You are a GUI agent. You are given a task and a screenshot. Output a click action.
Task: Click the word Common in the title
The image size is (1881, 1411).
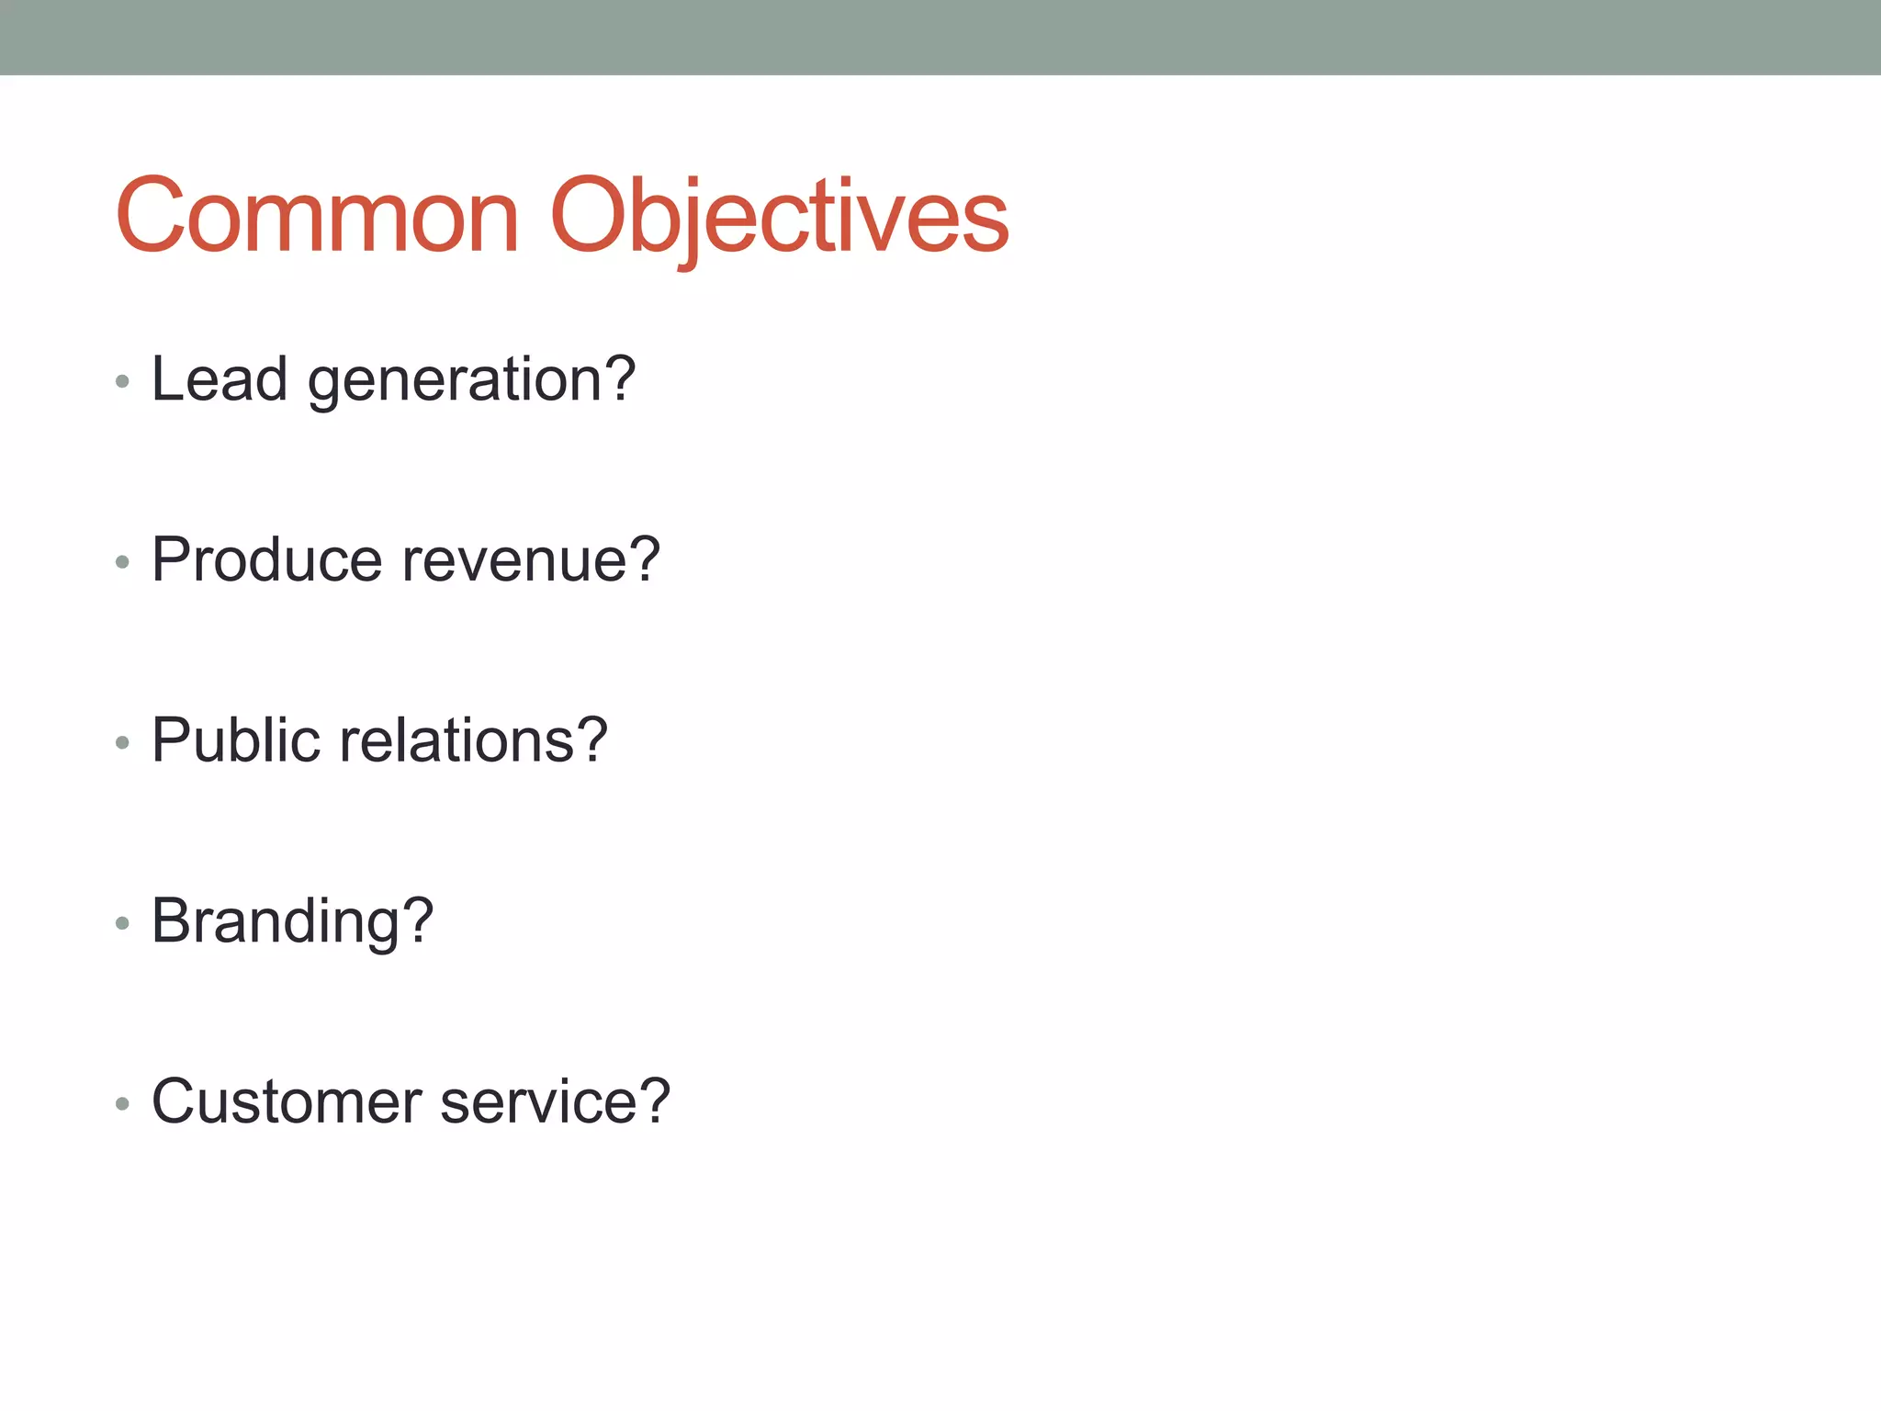[x=317, y=216]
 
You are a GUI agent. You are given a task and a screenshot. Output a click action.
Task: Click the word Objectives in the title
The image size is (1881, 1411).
[x=779, y=216]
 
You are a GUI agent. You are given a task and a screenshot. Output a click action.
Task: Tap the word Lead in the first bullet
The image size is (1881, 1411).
[x=219, y=378]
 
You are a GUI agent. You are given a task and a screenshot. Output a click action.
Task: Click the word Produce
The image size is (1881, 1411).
[x=266, y=559]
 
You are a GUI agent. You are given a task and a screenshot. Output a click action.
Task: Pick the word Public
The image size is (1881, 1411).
[x=236, y=739]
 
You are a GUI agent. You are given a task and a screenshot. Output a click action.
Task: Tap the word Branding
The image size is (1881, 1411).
[x=276, y=921]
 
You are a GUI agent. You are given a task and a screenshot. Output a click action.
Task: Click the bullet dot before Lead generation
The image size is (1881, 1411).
[x=122, y=381]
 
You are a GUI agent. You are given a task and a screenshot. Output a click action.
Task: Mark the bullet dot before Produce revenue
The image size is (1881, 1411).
[x=122, y=561]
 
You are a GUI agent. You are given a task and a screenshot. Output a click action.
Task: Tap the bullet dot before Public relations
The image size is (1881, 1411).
[x=122, y=742]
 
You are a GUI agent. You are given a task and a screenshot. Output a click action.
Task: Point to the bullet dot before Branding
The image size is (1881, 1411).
[x=122, y=922]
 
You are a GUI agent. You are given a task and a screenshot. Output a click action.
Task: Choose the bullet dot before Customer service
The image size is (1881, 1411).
[x=122, y=1103]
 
